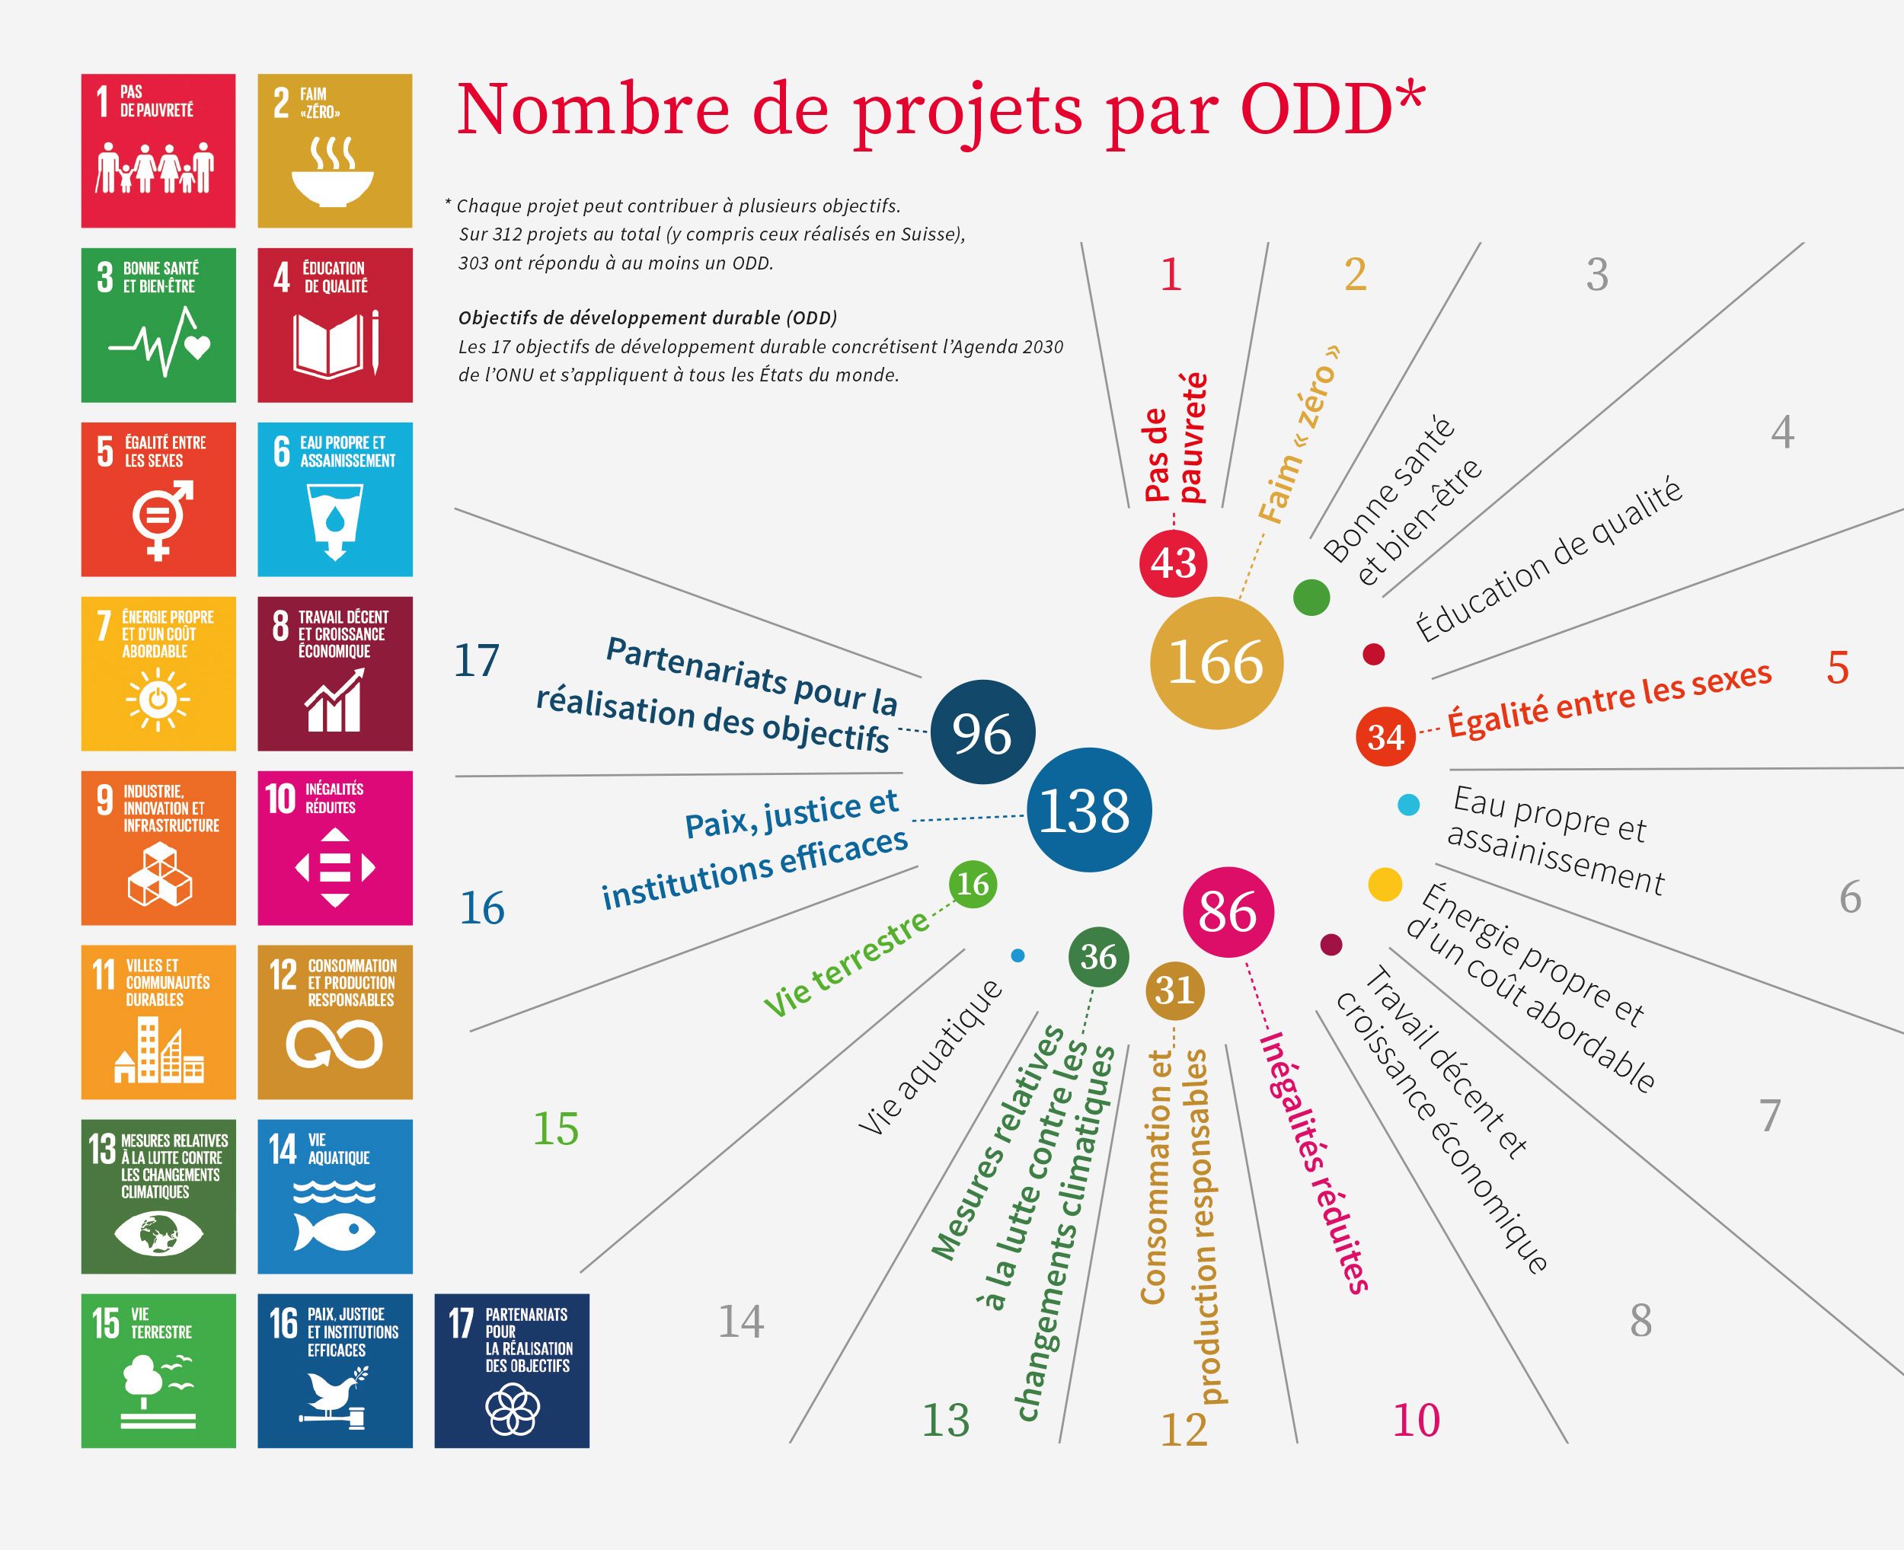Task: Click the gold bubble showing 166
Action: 1216,663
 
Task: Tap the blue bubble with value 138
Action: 1088,811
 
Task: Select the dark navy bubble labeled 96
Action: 982,732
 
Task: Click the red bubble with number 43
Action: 1173,563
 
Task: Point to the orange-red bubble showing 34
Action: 1386,737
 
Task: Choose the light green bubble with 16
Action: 973,884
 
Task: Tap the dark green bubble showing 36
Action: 1098,957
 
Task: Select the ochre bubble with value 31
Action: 1174,990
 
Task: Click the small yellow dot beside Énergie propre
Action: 1385,885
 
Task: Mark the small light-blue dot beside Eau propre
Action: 1408,805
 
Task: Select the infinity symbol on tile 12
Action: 334,1044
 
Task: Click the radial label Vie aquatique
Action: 931,1058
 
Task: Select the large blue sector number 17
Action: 476,662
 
